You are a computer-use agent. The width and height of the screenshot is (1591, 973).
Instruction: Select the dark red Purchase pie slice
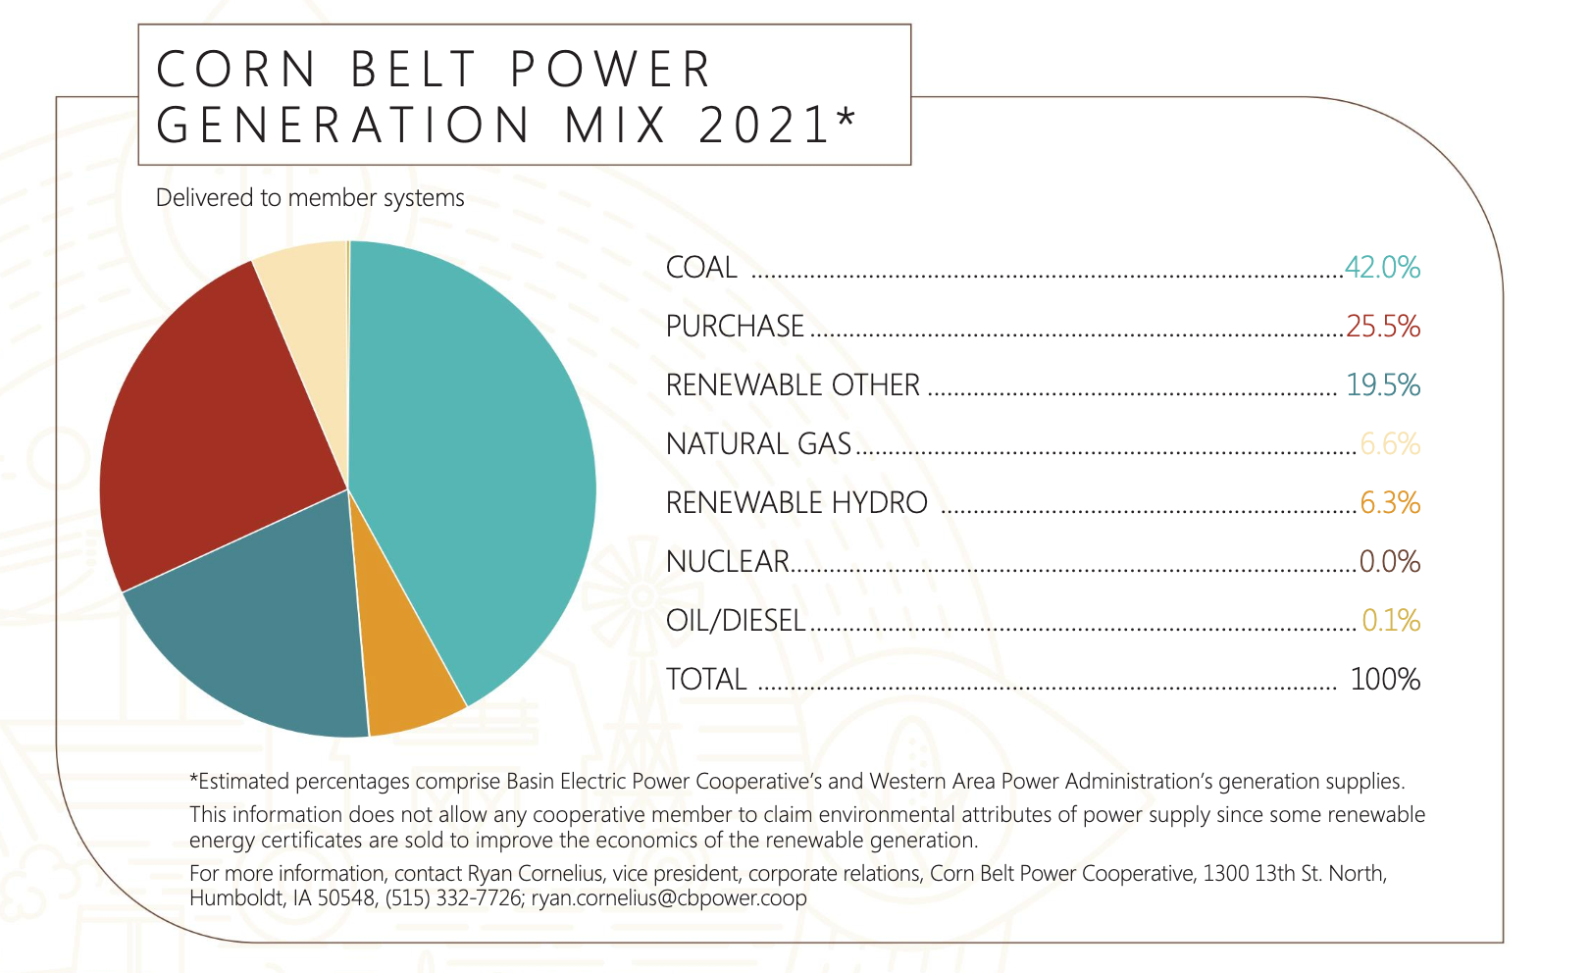216,422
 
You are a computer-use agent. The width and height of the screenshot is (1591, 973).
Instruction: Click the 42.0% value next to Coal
1382,268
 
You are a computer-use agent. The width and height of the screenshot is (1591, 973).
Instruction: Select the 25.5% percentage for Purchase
1383,327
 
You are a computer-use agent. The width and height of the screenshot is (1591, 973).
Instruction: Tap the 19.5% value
1383,385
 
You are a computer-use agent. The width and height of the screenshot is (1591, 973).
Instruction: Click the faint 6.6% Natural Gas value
1390,444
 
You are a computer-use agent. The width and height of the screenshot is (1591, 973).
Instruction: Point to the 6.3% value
1390,503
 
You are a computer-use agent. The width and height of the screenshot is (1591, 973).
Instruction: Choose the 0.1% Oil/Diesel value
1391,621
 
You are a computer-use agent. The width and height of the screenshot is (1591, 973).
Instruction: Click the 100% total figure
1385,680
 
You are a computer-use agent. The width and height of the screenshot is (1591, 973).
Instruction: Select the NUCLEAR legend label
727,562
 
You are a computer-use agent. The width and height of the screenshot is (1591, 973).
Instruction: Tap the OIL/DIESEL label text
736,621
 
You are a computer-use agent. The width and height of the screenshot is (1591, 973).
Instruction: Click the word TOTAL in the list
706,680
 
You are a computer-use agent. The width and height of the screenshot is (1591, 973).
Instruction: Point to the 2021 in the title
765,126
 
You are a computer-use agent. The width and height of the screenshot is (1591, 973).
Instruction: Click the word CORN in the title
236,70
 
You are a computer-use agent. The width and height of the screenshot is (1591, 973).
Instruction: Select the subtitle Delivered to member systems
310,198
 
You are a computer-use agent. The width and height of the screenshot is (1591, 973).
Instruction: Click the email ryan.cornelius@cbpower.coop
669,898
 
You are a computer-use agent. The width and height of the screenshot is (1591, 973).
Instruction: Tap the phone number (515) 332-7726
453,898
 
